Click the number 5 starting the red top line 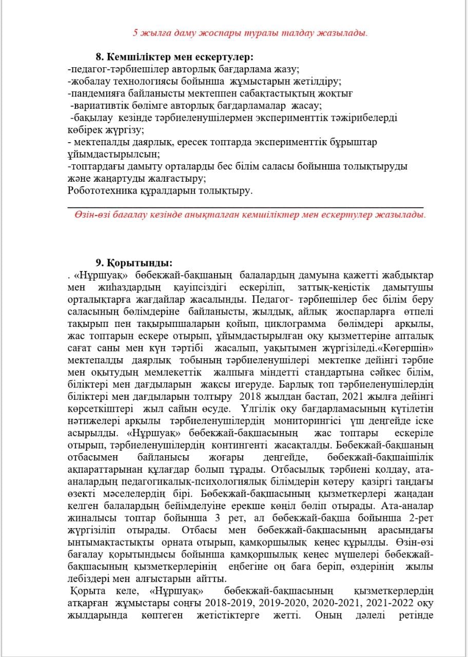coord(136,32)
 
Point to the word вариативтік coord(99,106)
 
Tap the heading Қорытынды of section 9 coord(139,263)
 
